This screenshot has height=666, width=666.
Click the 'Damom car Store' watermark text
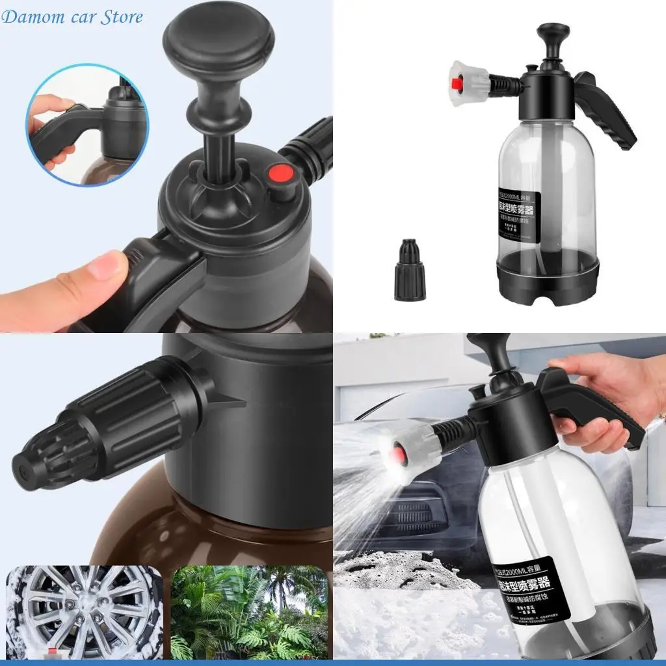[x=72, y=17]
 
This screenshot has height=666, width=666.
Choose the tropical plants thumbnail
[x=249, y=611]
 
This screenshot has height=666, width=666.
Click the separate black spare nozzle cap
[x=409, y=270]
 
